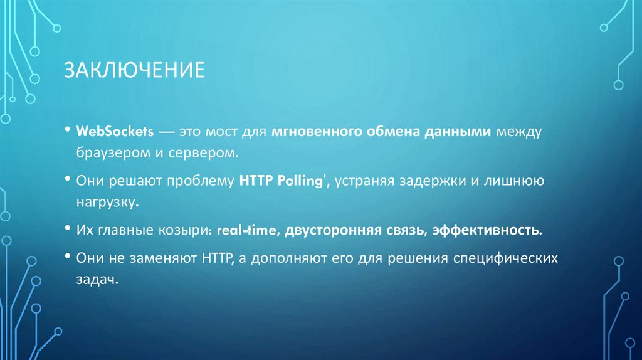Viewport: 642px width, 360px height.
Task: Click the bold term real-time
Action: coord(247,230)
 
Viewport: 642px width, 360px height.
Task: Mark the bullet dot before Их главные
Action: coord(67,230)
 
